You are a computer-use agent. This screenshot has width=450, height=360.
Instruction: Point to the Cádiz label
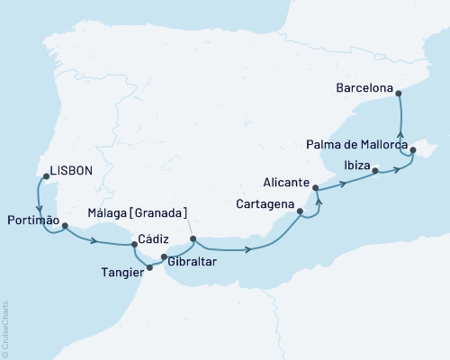tap(150, 242)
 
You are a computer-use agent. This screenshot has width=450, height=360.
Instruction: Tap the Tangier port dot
tap(149, 267)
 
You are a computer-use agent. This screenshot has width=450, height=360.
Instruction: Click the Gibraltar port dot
tap(163, 257)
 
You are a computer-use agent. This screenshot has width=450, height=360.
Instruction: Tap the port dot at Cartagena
tap(301, 212)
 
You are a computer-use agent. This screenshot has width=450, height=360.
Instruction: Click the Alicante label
tap(286, 180)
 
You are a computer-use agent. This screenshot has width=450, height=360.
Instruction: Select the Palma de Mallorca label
tap(356, 144)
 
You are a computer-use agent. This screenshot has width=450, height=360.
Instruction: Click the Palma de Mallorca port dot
tap(413, 151)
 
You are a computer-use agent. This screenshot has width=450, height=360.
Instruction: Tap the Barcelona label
tap(365, 89)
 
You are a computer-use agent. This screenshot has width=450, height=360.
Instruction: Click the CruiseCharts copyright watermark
tap(5, 328)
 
